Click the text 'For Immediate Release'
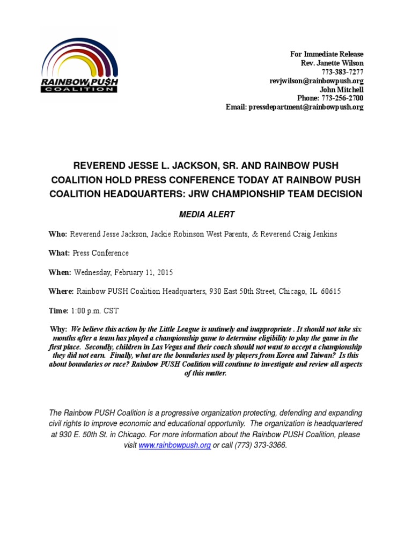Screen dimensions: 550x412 click(x=327, y=54)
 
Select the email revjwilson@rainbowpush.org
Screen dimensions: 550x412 click(x=316, y=81)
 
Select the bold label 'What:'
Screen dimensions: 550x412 click(x=60, y=253)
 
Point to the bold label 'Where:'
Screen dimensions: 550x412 click(x=61, y=291)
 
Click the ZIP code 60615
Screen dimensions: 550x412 click(x=330, y=291)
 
